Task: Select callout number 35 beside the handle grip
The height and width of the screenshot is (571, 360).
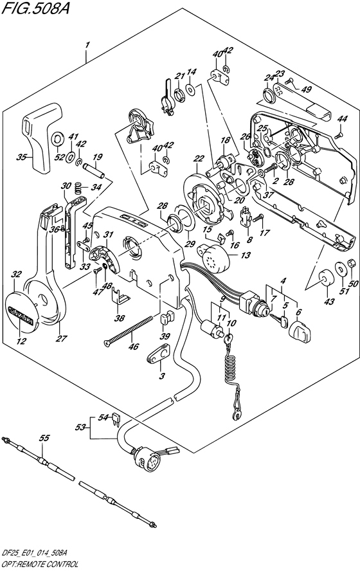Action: click(22, 158)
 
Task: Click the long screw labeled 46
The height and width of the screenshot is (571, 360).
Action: click(129, 331)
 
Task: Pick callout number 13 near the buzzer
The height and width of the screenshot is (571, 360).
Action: click(246, 255)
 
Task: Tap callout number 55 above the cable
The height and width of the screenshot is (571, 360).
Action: click(44, 438)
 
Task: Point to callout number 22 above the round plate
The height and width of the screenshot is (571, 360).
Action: click(199, 158)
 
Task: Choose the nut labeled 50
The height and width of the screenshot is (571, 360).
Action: click(352, 262)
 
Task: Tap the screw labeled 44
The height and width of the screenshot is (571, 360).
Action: click(339, 135)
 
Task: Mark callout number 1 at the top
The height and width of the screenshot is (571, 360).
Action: click(87, 46)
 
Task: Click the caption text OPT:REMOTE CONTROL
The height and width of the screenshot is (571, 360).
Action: click(38, 565)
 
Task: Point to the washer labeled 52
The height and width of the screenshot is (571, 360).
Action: click(57, 139)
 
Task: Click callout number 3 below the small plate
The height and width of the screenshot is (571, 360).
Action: click(162, 376)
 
